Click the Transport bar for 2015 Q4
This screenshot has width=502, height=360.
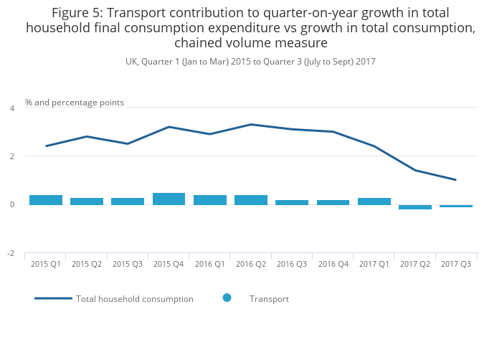click(169, 199)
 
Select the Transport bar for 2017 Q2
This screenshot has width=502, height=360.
click(415, 207)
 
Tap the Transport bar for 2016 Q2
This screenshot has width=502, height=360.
click(251, 200)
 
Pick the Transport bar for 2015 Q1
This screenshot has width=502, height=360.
click(46, 200)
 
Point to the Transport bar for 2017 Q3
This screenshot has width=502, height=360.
click(456, 206)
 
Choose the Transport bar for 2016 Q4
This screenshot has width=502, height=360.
click(333, 202)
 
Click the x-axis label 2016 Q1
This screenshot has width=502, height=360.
click(209, 265)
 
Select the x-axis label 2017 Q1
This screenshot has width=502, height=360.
click(374, 265)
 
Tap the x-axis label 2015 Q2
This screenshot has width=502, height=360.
click(87, 265)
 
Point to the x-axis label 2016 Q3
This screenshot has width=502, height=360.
click(292, 265)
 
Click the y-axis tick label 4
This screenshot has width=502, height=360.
click(11, 108)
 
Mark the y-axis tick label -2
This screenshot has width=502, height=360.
click(11, 254)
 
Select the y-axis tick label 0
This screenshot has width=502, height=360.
click(11, 205)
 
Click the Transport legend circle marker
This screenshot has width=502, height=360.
click(227, 298)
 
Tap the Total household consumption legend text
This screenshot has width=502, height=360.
click(135, 299)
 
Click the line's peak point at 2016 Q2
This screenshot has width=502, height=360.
click(251, 125)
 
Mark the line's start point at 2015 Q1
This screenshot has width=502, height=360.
click(46, 146)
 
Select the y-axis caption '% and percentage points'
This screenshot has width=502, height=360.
click(75, 103)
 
